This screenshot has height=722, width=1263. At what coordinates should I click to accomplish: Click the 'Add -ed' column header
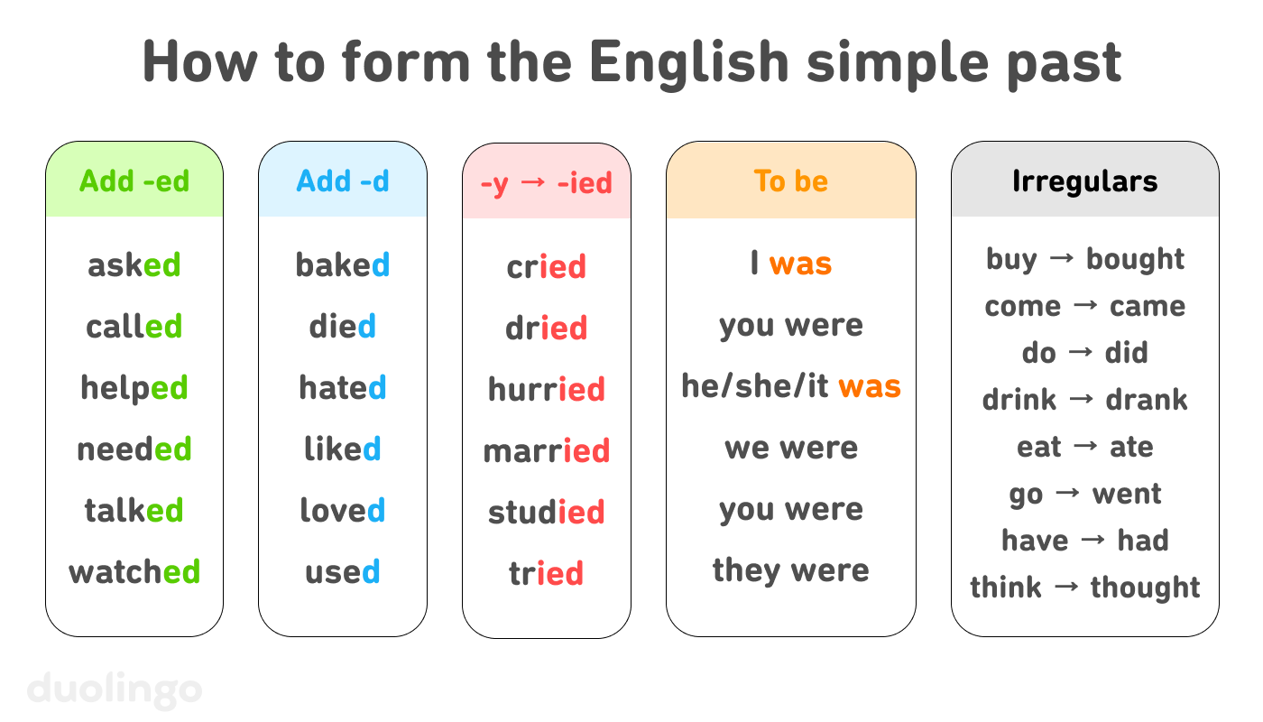click(134, 181)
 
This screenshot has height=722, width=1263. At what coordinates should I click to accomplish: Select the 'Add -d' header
click(343, 181)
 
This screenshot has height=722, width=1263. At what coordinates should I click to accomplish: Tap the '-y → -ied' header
click(546, 183)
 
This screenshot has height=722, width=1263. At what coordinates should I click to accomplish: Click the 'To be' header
click(791, 181)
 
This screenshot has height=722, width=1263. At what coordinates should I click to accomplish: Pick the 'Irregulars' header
click(1084, 181)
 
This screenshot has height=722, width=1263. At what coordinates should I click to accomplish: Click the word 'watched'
click(134, 571)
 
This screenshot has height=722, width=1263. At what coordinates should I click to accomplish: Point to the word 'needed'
click(134, 449)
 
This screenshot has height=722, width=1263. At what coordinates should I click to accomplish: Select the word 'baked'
click(343, 265)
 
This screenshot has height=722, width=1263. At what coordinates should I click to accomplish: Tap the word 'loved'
click(343, 511)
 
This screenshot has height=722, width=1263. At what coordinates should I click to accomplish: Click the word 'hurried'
click(546, 390)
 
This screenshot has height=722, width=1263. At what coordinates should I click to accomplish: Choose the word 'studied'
click(546, 513)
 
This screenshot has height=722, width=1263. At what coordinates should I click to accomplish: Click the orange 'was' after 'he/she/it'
click(870, 387)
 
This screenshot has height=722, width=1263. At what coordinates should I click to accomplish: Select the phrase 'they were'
click(791, 570)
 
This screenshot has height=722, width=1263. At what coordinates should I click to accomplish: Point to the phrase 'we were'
click(791, 448)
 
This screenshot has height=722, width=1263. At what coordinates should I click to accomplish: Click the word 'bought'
click(1135, 259)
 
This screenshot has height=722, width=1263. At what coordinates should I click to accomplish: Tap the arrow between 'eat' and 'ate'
click(1085, 447)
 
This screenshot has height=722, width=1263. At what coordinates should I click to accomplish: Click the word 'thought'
click(1145, 588)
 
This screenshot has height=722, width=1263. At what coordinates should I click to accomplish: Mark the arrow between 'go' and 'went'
click(1068, 494)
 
